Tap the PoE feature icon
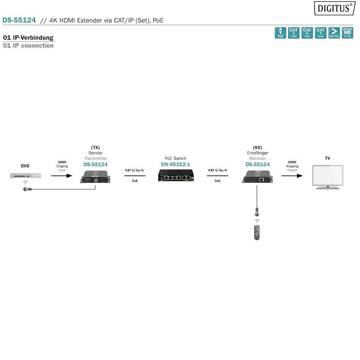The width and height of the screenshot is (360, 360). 280,32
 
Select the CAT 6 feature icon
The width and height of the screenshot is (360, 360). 321,32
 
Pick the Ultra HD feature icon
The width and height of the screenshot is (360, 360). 347,32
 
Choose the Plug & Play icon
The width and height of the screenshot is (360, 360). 334,32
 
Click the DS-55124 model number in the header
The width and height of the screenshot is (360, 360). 19,20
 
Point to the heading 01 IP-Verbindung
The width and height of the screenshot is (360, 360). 28,38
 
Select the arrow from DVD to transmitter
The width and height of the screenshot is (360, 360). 62,176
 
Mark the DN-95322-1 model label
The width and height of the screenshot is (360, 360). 175,165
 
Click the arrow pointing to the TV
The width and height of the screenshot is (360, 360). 292,176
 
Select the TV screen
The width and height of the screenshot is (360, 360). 327,176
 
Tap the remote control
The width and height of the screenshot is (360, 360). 257,232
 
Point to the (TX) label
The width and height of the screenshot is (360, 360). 95,147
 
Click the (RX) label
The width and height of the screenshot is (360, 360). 257,147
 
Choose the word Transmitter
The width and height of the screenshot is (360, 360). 95,158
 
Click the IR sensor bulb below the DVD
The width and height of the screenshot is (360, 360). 26,189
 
